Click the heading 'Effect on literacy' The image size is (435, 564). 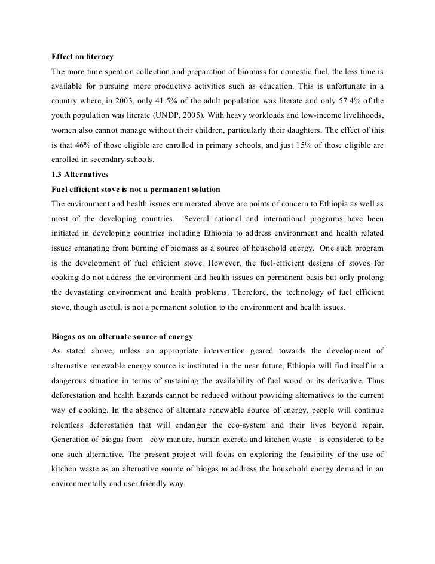point(82,57)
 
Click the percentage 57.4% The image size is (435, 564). point(343,100)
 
